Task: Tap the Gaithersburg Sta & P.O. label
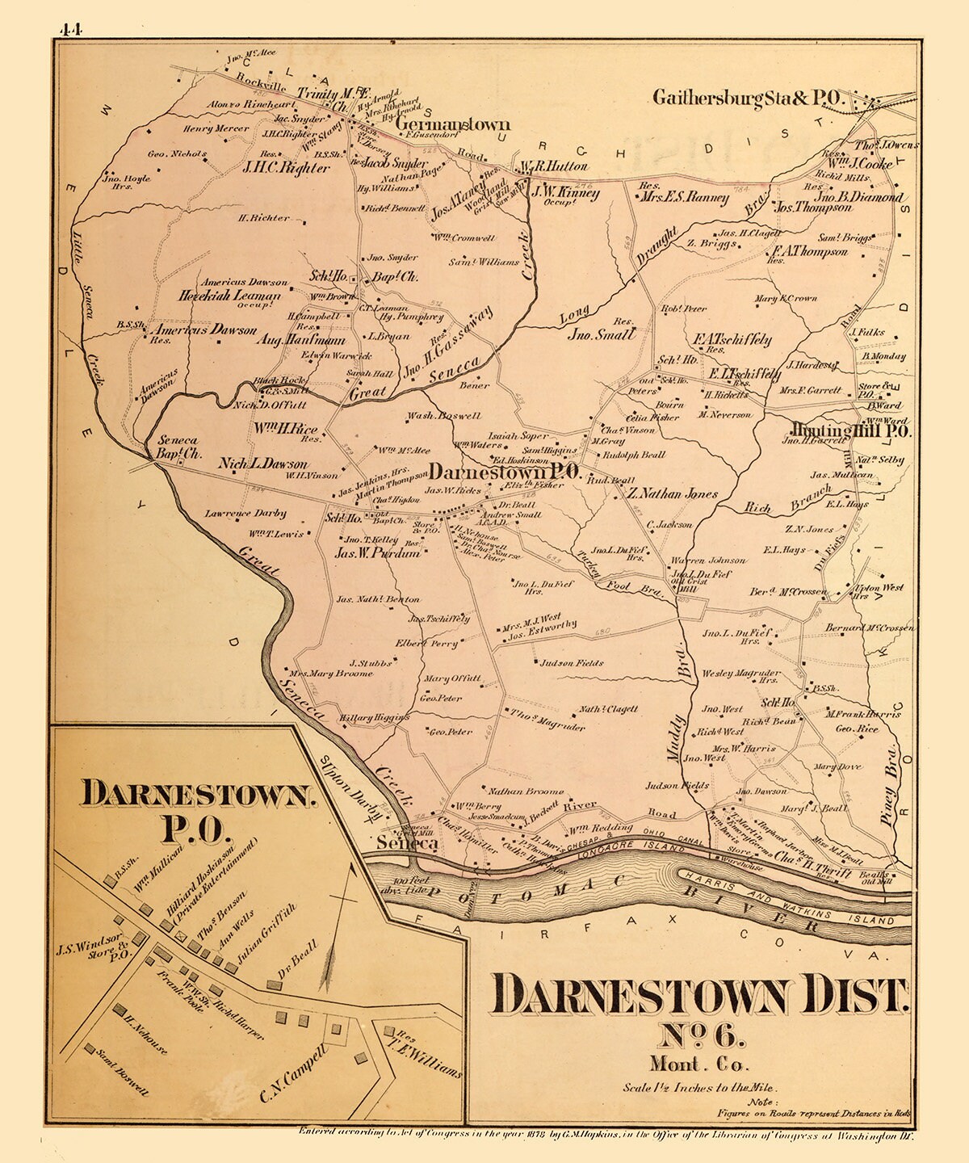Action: pyautogui.click(x=747, y=99)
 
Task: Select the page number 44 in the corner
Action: pyautogui.click(x=71, y=31)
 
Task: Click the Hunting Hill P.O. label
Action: pyautogui.click(x=846, y=432)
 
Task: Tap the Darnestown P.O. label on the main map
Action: pyautogui.click(x=505, y=472)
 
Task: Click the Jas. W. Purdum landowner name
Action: pyautogui.click(x=378, y=553)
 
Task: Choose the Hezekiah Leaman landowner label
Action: pyautogui.click(x=230, y=296)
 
